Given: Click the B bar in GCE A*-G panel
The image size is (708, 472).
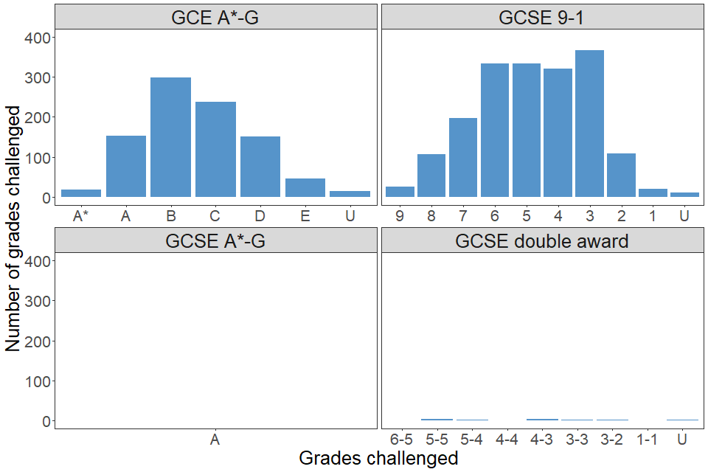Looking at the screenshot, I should (x=170, y=137).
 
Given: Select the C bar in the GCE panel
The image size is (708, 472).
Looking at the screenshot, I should (x=215, y=150).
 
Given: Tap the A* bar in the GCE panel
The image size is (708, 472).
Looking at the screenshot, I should (x=81, y=193).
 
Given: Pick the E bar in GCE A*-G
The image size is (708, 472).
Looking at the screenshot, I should (x=305, y=188).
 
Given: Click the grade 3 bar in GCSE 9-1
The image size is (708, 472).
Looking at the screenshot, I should (x=589, y=124).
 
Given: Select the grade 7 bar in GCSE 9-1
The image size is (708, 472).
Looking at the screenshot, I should (x=463, y=158).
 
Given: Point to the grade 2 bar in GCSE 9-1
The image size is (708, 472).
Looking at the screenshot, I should (x=621, y=176).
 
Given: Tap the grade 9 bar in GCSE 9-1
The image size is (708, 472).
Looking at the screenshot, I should (x=400, y=192).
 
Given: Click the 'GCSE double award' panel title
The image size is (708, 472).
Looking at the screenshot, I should (x=542, y=240).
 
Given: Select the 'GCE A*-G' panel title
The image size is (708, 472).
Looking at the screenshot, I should (x=215, y=18).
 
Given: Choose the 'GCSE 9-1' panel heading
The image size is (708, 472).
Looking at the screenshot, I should (x=542, y=18).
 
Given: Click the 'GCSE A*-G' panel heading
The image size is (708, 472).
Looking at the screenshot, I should (x=215, y=240).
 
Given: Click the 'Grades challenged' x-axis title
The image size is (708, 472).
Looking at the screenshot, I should (x=378, y=458).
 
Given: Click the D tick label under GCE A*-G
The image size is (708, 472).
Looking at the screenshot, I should (x=260, y=216).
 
